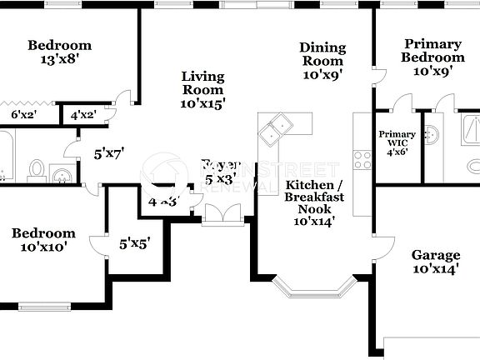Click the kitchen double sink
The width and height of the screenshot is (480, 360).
(277, 128)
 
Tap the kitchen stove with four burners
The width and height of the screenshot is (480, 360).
(362, 159)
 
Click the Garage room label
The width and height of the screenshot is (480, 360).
(435, 262)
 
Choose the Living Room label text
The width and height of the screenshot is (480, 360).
(202, 90)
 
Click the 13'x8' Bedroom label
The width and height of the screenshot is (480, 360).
(59, 52)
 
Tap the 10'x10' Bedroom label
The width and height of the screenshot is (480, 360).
(43, 240)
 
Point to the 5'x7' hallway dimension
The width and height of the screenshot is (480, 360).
(108, 153)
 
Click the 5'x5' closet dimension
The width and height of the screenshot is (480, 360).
(134, 244)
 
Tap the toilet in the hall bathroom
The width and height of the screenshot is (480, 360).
(37, 170)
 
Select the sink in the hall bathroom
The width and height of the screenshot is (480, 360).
(61, 173)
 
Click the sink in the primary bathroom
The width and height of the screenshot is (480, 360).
(432, 135)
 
